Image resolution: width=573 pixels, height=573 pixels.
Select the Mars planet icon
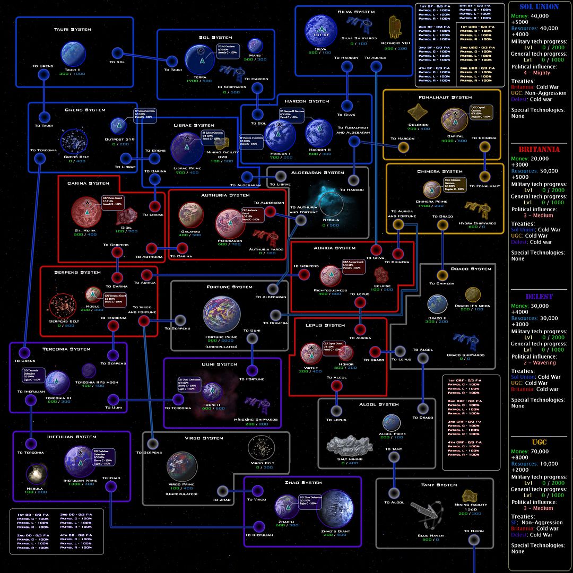tap(256, 46)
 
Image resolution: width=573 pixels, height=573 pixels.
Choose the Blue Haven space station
tap(430, 514)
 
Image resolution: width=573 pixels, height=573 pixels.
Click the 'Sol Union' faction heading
tap(539, 7)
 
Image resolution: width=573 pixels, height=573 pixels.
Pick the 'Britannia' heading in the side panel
tap(539, 150)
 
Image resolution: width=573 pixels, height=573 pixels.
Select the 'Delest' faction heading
tap(539, 297)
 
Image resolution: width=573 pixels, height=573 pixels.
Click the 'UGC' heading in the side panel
tap(539, 442)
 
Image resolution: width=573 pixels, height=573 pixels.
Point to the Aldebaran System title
tap(318, 172)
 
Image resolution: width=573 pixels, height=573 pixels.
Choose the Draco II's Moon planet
tap(473, 295)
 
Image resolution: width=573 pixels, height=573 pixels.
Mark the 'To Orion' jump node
tap(474, 540)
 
